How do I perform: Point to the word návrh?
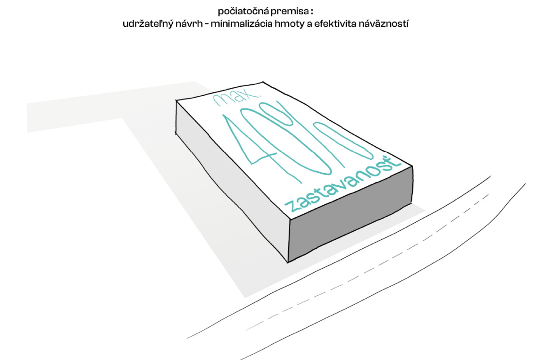[x=189, y=24]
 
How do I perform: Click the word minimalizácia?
[x=242, y=24]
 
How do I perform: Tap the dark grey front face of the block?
[x=351, y=215]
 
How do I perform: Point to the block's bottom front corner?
[x=288, y=262]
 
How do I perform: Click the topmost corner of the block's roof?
[x=262, y=82]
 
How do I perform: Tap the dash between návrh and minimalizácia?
[x=207, y=25]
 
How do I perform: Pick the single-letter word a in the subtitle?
[x=310, y=25]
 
